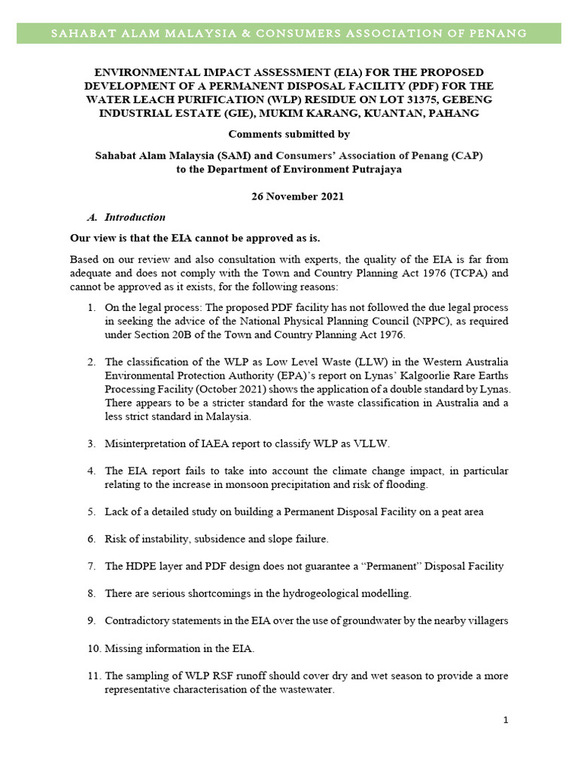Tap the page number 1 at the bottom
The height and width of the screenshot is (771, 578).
point(507,721)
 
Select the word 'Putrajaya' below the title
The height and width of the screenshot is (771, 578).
point(378,169)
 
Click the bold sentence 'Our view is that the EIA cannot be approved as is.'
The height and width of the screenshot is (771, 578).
point(195,239)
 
